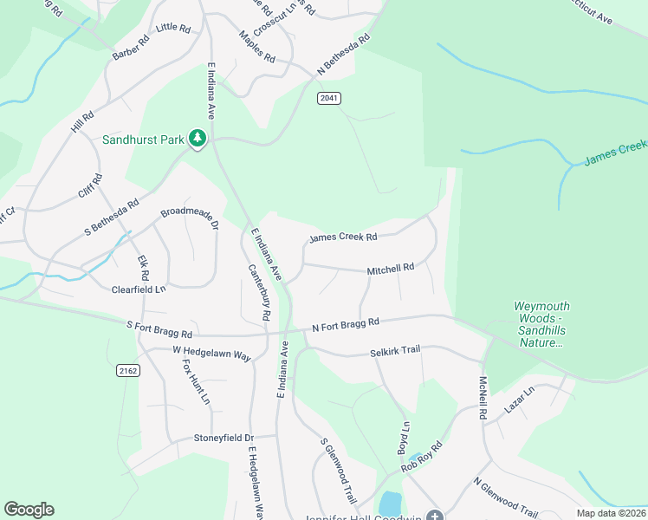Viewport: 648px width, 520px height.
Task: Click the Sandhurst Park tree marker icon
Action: (x=198, y=138)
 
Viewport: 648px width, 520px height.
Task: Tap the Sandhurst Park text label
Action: (x=144, y=139)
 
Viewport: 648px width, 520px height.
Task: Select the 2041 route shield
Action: (x=328, y=98)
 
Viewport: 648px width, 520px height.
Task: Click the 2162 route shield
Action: (x=127, y=370)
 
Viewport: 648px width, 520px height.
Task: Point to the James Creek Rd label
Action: (x=343, y=237)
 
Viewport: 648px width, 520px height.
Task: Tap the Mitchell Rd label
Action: (x=391, y=270)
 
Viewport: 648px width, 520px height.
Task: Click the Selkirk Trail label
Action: (x=395, y=349)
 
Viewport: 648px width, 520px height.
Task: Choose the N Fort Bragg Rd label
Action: (x=346, y=323)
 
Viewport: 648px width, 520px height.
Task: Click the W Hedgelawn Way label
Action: (x=211, y=354)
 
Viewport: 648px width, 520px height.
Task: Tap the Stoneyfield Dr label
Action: (x=224, y=439)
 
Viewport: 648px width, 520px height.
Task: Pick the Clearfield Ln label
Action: (x=139, y=289)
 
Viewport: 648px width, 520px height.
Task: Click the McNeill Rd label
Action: (x=483, y=398)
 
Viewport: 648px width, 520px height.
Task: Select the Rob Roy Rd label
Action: (x=421, y=458)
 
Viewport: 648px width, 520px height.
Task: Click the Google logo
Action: (x=29, y=510)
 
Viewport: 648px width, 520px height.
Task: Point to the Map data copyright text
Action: (x=612, y=513)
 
